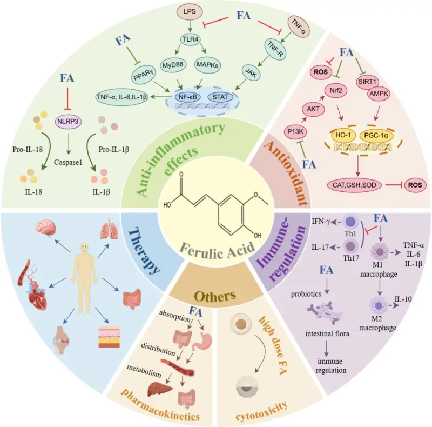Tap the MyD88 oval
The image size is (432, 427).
point(172,65)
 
